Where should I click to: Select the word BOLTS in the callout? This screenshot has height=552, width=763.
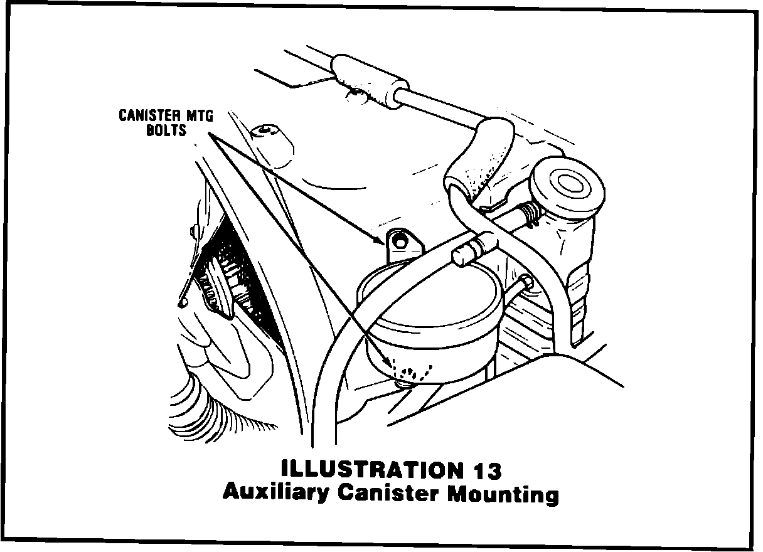coord(168,131)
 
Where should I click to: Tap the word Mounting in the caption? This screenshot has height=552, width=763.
coord(502,494)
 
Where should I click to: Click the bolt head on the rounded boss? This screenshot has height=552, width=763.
coord(267,131)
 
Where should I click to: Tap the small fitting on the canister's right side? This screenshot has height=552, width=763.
coord(523,285)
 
